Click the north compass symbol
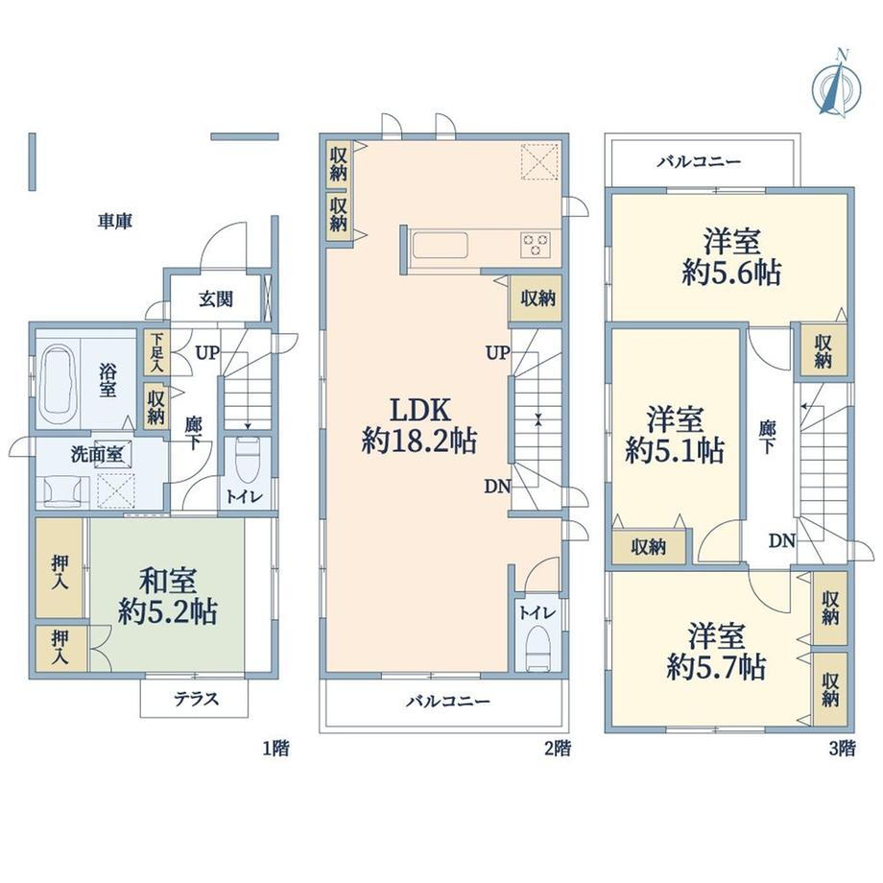click(837, 84)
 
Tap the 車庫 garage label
click(115, 222)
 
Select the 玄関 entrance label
click(216, 298)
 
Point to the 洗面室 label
click(98, 454)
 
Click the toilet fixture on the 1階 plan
click(247, 457)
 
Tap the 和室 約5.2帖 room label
click(168, 596)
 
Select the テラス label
click(196, 699)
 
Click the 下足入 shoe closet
click(156, 352)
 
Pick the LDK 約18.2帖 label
click(419, 425)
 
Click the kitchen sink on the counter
click(440, 246)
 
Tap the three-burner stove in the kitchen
click(536, 245)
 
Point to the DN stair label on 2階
click(497, 487)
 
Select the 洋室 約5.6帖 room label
click(731, 257)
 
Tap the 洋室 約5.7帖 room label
click(716, 652)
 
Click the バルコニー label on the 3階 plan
click(700, 162)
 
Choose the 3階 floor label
click(842, 749)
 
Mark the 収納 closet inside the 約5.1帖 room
click(649, 546)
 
